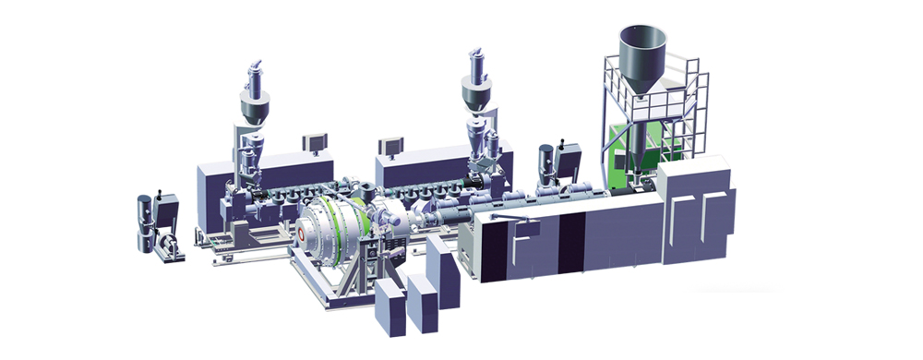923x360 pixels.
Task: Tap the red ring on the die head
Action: tap(302, 235)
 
